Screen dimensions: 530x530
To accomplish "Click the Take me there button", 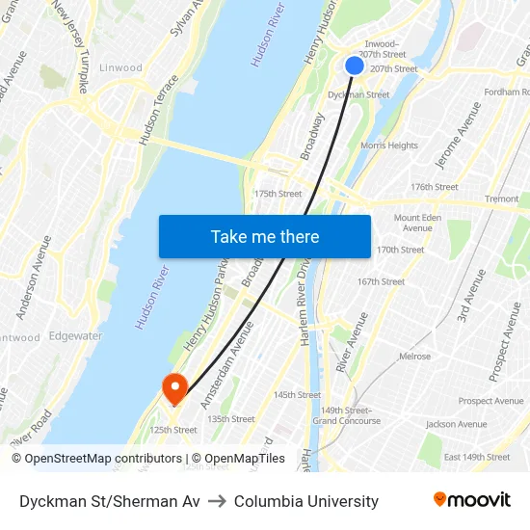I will [264, 236].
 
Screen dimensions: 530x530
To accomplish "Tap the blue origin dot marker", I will [355, 66].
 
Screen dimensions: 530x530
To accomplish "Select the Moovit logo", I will [472, 500].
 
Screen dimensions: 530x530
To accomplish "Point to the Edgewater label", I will [75, 336].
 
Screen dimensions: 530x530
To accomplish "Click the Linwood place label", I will [120, 68].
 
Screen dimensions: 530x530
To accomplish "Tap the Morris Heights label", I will [388, 146].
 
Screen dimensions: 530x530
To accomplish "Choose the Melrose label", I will [414, 357].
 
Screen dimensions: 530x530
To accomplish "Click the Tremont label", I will [501, 199].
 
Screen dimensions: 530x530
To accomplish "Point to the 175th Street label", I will [278, 194].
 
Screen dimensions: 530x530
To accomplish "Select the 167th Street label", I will [381, 282].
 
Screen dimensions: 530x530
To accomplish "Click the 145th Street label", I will [297, 395].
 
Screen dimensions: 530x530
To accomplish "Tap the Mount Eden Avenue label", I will [417, 223].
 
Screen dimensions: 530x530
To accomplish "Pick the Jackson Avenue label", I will [456, 424].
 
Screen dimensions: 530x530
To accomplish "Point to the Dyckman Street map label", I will [358, 95].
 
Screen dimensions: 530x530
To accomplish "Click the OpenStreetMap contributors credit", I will [96, 459].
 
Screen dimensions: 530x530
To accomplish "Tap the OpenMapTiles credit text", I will [239, 459].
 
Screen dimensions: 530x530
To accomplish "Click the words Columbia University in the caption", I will [305, 501].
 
